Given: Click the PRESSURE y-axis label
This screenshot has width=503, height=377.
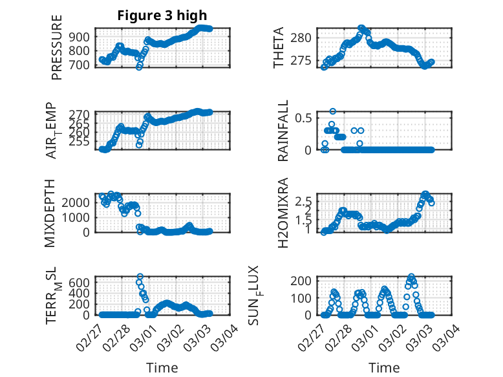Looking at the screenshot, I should pos(57,48).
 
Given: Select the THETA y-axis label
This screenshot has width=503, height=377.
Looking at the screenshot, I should pos(279,48).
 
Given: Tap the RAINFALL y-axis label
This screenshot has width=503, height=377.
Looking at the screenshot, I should pos(283,132).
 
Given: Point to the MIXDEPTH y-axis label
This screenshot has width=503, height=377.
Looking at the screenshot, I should pos(50,213).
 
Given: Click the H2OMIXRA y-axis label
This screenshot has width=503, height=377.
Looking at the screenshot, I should pos(283,213).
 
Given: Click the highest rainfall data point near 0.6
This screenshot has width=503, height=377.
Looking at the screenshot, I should pos(333,111).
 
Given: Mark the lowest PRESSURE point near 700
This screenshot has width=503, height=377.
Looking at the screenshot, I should pos(139,67).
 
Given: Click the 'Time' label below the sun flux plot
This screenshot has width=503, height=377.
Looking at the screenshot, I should pos(384,368).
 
